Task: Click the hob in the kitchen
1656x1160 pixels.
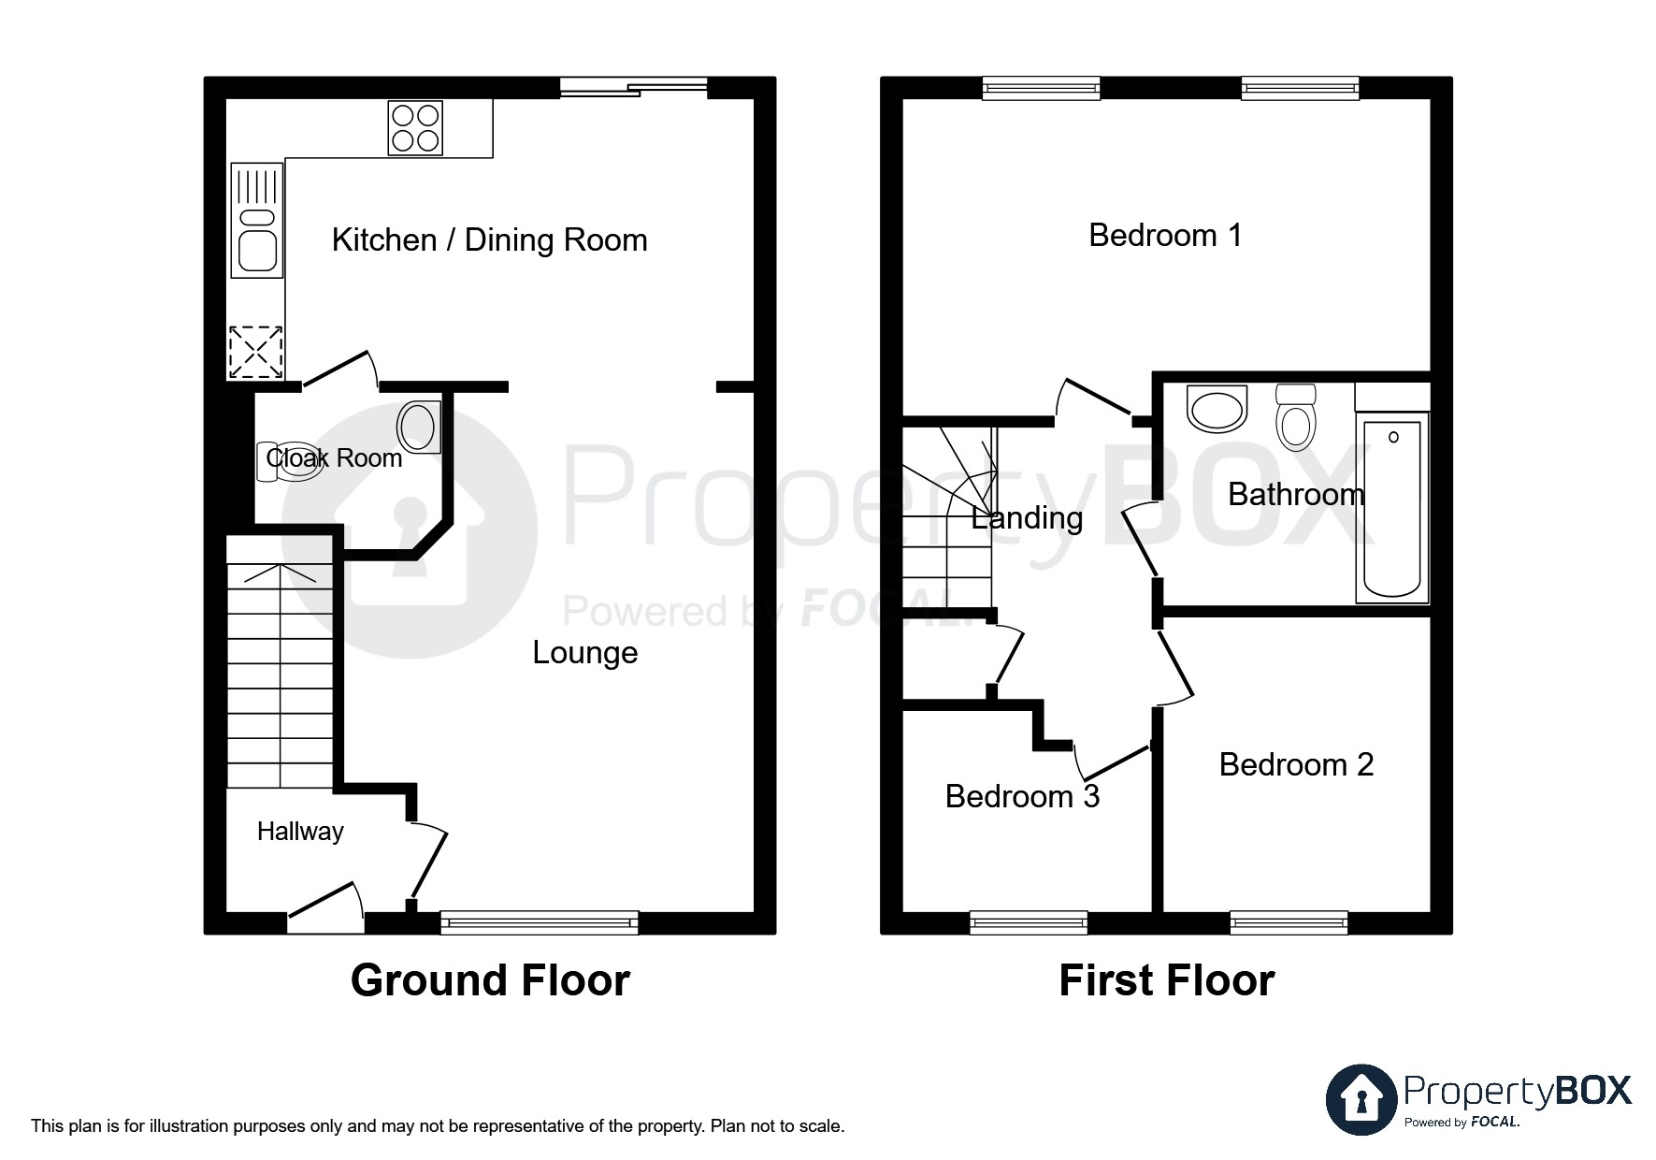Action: click(416, 128)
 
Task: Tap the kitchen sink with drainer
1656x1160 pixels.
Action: click(257, 221)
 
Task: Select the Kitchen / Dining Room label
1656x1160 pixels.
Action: click(489, 240)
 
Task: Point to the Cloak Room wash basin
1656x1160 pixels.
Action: click(418, 428)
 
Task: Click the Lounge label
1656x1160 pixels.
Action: click(585, 653)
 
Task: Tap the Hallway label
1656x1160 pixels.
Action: click(300, 832)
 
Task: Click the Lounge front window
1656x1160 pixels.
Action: click(539, 923)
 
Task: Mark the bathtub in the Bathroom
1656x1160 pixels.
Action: click(1392, 509)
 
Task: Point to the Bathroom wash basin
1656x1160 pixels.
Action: click(1217, 408)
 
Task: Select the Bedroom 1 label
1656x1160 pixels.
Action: click(1165, 236)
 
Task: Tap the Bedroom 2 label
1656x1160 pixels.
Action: click(1296, 765)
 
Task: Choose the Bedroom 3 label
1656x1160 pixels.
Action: click(1022, 797)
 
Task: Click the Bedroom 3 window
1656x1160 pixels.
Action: click(1029, 923)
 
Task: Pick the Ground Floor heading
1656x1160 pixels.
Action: click(490, 981)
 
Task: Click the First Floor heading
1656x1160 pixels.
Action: click(1166, 981)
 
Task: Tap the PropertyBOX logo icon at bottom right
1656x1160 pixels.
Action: click(1361, 1099)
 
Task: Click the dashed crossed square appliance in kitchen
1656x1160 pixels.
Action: click(256, 352)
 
